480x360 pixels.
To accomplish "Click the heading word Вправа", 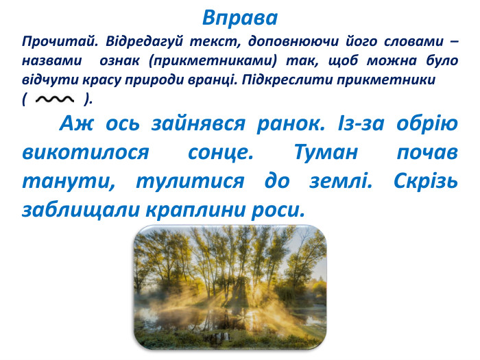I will pyautogui.click(x=240, y=16).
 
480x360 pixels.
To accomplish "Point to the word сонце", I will pyautogui.click(x=223, y=152).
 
